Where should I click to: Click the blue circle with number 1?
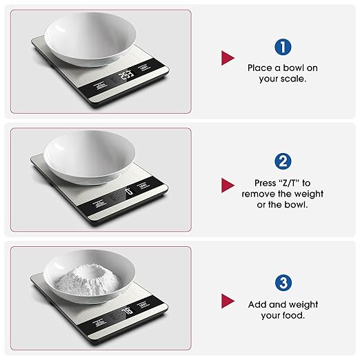pos(281,47)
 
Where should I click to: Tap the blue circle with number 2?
pos(281,161)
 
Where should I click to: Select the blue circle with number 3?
pos(281,282)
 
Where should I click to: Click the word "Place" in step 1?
pos(261,68)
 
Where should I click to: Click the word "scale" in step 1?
pos(292,79)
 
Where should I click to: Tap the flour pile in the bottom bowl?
pos(90,277)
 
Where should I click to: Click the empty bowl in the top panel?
pos(90,38)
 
